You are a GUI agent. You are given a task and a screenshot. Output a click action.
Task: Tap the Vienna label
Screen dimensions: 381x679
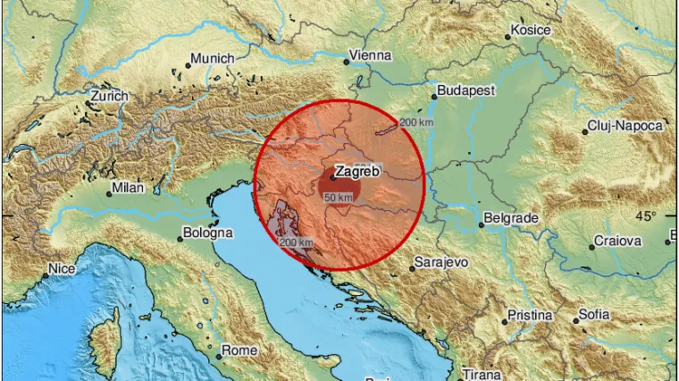371,55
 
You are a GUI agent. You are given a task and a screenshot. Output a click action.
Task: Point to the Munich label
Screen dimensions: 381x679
214,59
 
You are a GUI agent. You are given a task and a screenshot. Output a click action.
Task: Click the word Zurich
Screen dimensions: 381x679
110,96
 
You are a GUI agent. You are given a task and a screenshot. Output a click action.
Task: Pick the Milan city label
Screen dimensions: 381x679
126,190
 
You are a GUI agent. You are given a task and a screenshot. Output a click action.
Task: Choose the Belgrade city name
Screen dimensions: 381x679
510,217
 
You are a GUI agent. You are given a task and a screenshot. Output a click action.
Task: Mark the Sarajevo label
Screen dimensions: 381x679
440,264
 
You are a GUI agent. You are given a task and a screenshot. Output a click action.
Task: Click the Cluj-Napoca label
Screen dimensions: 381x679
625,126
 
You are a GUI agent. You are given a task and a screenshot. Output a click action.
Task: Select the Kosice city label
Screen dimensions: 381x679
529,31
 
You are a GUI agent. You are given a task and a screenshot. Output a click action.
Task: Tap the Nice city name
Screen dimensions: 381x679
62,267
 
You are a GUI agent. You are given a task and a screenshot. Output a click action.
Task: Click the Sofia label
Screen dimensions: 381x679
594,314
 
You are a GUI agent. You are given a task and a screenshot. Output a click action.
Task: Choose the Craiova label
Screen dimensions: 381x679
618,241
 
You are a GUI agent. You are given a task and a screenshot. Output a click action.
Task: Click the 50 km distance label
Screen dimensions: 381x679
338,197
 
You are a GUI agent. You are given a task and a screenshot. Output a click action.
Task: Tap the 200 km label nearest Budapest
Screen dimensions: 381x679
416,123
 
